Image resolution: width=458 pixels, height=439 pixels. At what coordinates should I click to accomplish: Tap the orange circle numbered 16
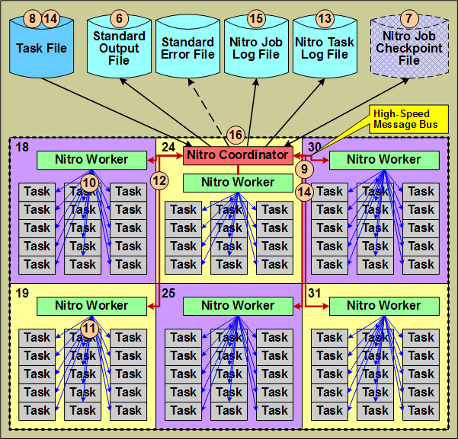click(x=235, y=135)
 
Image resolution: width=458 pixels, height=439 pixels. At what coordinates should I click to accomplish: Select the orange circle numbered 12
click(x=159, y=180)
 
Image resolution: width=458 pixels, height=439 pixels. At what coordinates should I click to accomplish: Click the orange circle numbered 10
click(x=90, y=183)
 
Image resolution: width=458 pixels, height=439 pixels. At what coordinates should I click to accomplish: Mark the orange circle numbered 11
click(x=90, y=329)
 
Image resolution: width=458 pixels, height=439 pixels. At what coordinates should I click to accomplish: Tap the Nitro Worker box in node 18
click(x=92, y=160)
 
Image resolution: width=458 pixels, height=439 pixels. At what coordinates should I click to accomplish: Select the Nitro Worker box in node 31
click(x=384, y=306)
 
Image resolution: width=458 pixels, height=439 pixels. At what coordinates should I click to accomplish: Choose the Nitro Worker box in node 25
click(x=237, y=306)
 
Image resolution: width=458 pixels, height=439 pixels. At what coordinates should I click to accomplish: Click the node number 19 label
click(x=21, y=291)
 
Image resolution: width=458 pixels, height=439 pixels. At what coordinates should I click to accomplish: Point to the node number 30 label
click(x=313, y=145)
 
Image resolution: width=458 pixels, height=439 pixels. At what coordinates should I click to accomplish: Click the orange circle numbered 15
click(x=256, y=18)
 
